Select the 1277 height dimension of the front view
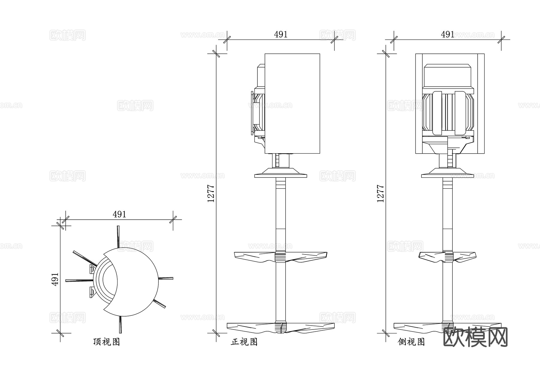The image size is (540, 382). click(x=211, y=193)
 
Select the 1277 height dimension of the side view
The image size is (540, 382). click(x=380, y=193)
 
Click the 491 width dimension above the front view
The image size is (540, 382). click(x=281, y=35)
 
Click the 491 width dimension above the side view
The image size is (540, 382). click(x=448, y=35)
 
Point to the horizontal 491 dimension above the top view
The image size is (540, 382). click(x=119, y=214)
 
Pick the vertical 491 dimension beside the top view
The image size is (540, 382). click(x=55, y=279)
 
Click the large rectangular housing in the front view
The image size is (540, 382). click(x=292, y=104)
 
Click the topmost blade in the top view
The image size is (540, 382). click(x=118, y=236)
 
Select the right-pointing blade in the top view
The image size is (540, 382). click(x=165, y=278)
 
